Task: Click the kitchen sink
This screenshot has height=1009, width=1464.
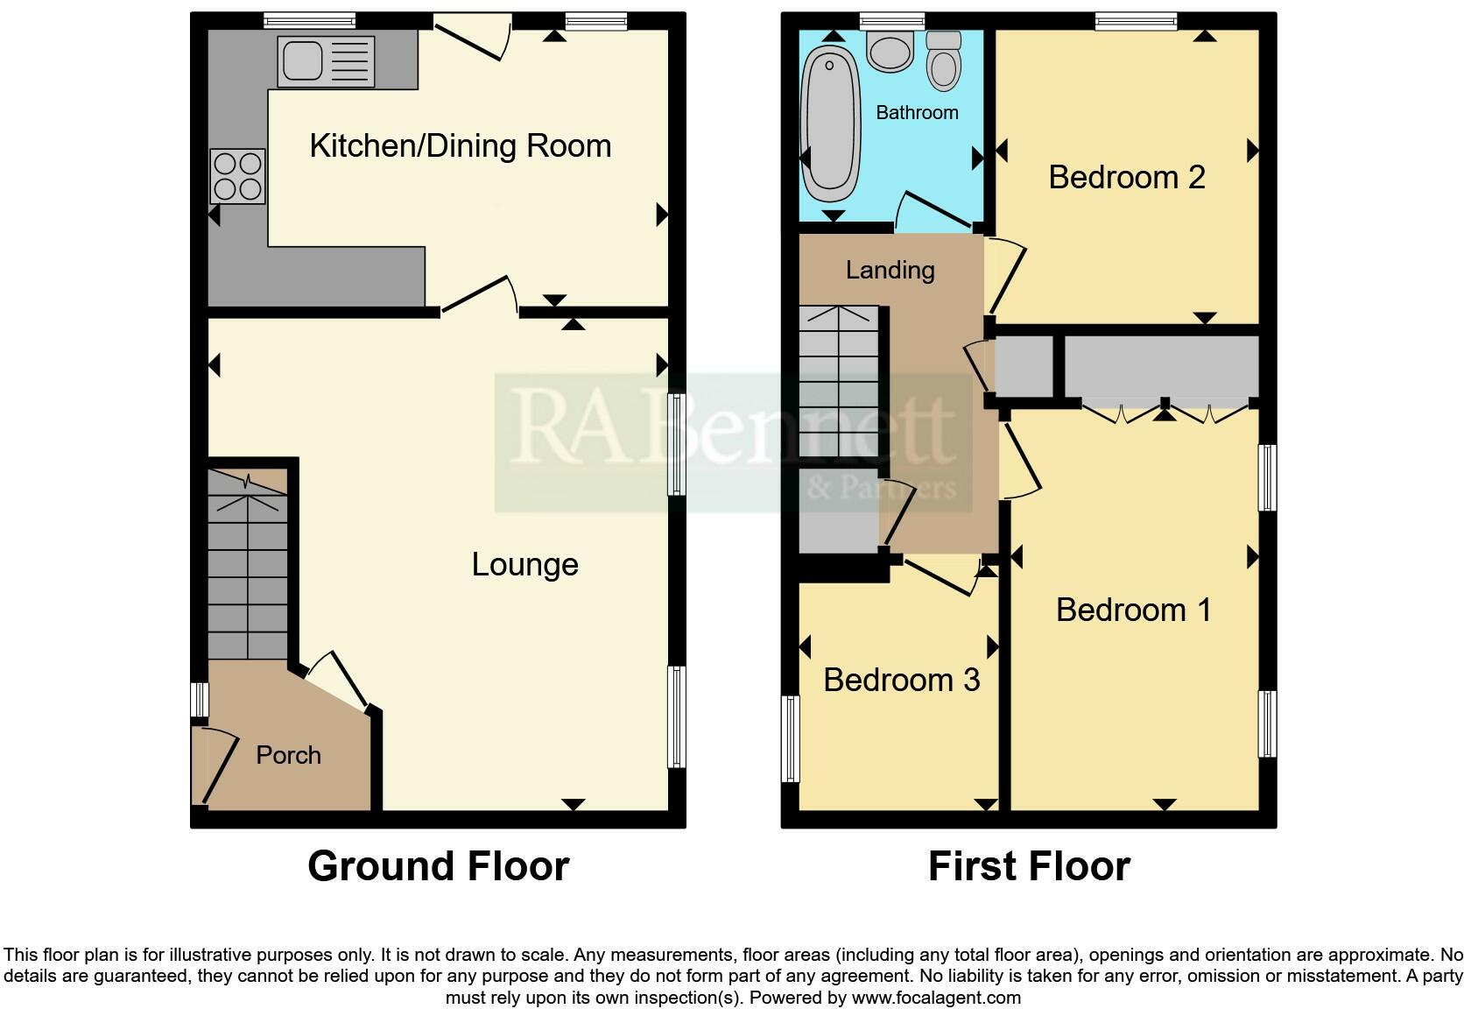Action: pos(326,62)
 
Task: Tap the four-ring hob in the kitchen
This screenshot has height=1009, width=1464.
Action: pos(238,176)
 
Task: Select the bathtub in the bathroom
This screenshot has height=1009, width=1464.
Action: pos(830,123)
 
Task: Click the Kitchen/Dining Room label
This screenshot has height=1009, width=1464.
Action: pos(460,145)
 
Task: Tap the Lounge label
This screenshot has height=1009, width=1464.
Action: pos(524,565)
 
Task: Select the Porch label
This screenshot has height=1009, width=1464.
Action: pos(288,755)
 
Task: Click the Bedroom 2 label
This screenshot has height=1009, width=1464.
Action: pos(1127,177)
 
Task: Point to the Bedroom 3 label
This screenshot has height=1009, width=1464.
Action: pos(901,680)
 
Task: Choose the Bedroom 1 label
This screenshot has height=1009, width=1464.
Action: pos(1133,610)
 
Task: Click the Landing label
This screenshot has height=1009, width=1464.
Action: pos(890,270)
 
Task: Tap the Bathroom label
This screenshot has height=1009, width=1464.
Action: pos(917,112)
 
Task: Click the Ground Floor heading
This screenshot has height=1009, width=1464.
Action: pos(439,867)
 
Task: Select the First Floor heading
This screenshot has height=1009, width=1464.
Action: pos(1030,867)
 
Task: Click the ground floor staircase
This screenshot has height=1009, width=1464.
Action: pos(248,564)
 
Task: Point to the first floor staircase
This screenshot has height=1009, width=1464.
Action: pos(839,381)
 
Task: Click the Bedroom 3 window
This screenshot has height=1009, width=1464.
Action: pos(790,738)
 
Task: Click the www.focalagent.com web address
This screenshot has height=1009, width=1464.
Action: pos(936,998)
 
